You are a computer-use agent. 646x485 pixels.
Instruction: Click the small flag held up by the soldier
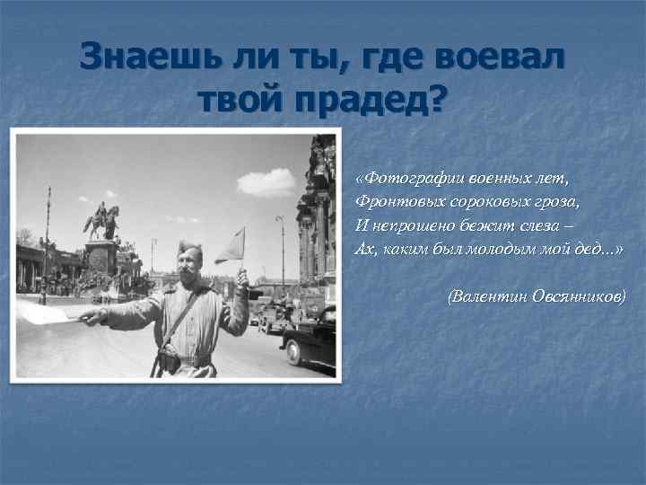tap(231, 244)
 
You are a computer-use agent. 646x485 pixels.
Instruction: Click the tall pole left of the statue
tap(48, 242)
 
